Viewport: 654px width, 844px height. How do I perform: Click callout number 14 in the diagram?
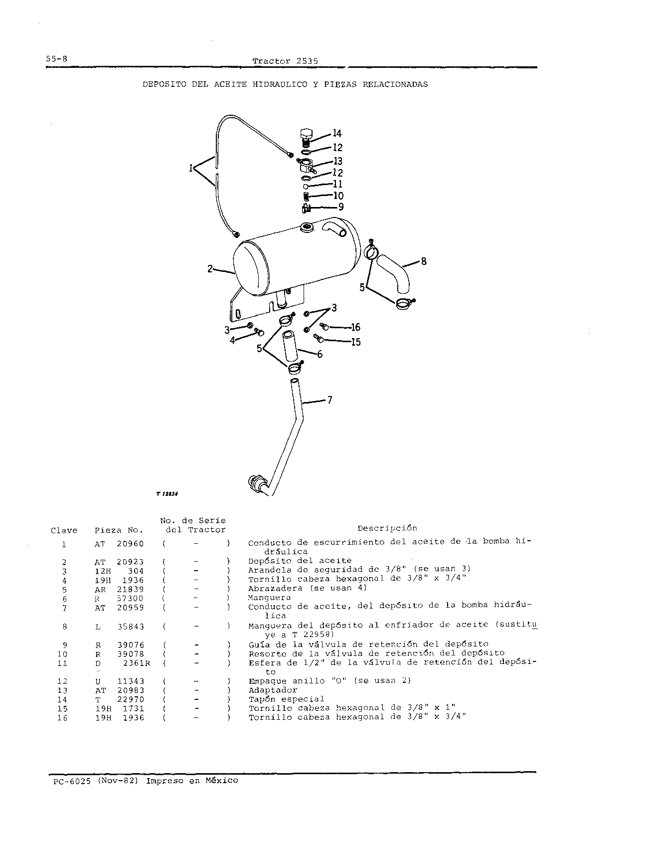click(x=337, y=133)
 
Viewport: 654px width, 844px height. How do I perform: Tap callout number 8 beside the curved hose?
click(x=424, y=261)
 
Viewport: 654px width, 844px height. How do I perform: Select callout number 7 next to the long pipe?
click(x=329, y=400)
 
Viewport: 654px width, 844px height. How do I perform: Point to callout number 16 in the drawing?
click(x=355, y=327)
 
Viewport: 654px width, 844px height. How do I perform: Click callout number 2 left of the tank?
click(x=210, y=269)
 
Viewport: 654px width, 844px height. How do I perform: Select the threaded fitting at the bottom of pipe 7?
click(x=257, y=483)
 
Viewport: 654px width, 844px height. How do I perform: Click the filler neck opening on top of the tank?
click(x=306, y=228)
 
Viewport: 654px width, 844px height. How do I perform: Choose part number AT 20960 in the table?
click(x=119, y=544)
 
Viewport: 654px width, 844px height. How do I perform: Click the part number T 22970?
click(x=120, y=699)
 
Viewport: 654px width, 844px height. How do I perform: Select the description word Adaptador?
click(x=273, y=690)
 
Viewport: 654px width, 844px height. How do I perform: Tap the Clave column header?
click(x=64, y=530)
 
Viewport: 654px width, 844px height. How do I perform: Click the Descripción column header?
click(x=387, y=528)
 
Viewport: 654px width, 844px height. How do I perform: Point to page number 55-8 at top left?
click(x=56, y=58)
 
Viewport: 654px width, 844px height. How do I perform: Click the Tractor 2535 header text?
click(x=285, y=61)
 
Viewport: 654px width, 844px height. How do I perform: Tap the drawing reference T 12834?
click(x=167, y=494)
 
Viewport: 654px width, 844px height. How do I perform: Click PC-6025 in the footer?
click(x=72, y=781)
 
